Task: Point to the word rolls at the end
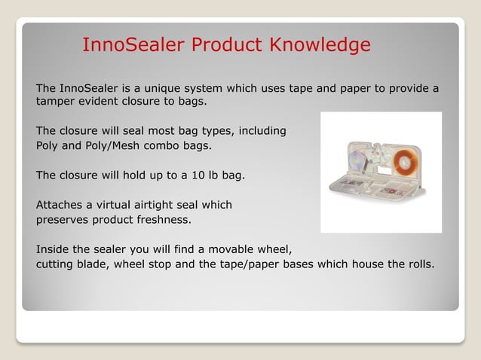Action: point(418,264)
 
